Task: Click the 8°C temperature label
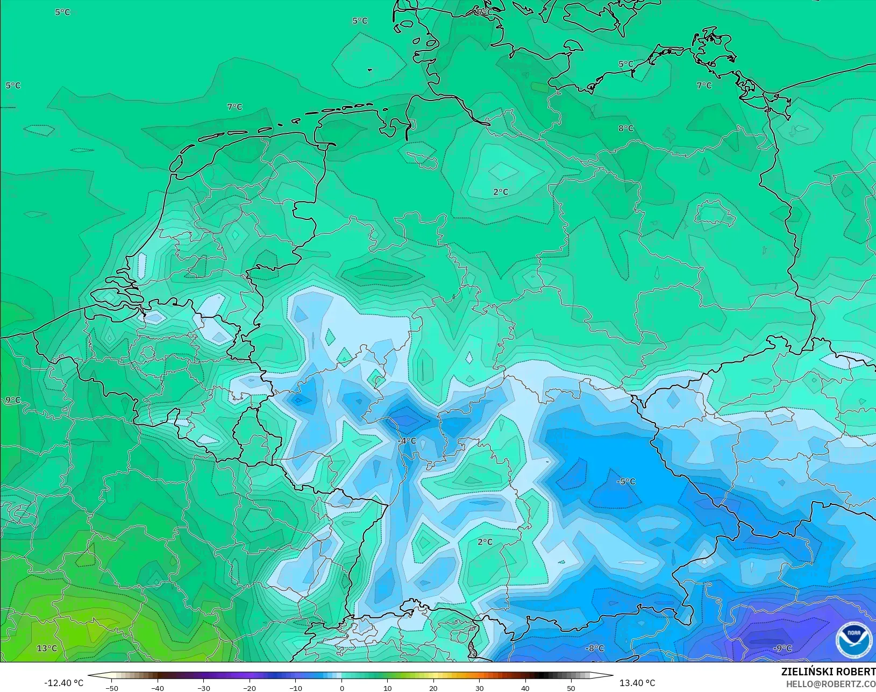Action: point(625,129)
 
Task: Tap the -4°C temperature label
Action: point(407,441)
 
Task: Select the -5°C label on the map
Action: point(625,482)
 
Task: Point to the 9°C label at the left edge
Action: point(13,400)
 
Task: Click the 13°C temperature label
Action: point(47,648)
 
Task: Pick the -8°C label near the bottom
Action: point(594,648)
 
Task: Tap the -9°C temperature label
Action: point(782,648)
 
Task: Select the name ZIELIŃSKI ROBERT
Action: point(828,672)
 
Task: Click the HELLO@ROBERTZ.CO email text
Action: point(831,684)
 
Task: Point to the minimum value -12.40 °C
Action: point(63,683)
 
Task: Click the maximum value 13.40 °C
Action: point(637,683)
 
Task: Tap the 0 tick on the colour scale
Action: point(341,688)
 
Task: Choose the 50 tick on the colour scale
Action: point(571,688)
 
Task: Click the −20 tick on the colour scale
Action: point(249,688)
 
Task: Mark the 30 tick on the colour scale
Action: point(479,688)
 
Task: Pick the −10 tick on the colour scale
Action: point(295,688)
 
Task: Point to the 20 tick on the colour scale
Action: point(433,688)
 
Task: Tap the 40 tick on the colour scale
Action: point(525,688)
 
